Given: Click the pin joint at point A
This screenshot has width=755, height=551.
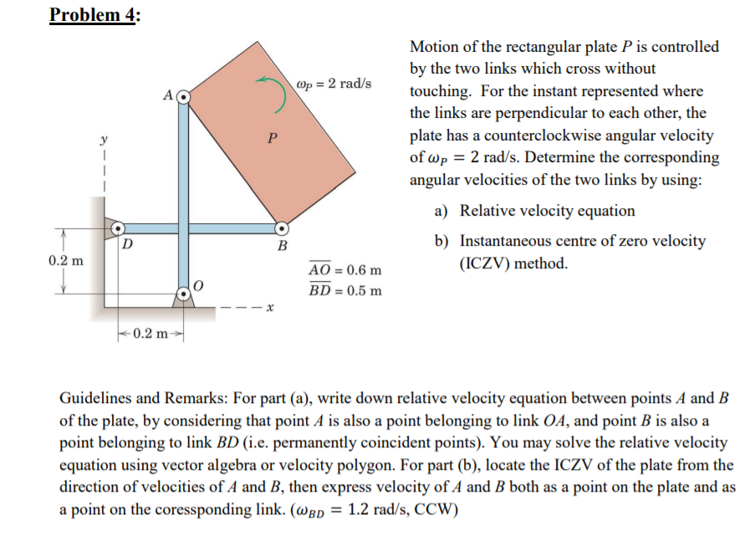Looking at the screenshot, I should [x=183, y=97].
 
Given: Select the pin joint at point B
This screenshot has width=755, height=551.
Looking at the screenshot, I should [x=283, y=227].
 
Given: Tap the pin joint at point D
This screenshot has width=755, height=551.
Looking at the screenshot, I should [x=118, y=227].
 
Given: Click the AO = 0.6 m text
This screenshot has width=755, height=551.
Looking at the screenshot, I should [x=344, y=271].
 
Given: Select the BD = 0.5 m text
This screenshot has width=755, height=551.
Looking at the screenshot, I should [x=344, y=290].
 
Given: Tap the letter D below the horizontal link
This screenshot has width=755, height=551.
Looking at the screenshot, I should [x=126, y=244].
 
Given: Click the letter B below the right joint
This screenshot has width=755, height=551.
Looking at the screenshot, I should [x=282, y=247].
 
